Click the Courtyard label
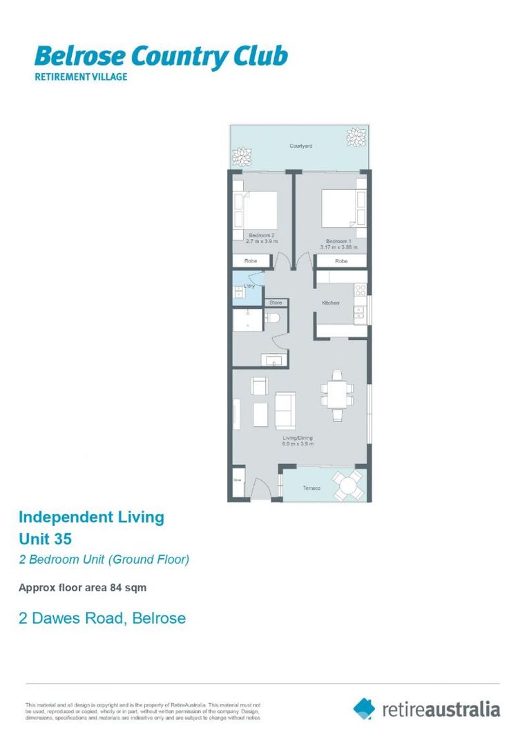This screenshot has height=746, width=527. coord(300,146)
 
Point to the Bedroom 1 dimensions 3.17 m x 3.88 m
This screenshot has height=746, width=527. coord(338,247)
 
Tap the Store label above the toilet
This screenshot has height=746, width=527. coord(276,303)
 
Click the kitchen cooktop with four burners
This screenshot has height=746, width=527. coord(359,291)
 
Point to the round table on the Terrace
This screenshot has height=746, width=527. coord(347,486)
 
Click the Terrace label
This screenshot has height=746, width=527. coord(312,488)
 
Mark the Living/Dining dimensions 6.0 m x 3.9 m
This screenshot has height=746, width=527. coord(298,444)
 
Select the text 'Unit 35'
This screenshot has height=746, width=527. coord(46,538)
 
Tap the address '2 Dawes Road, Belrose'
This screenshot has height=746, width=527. coord(102,618)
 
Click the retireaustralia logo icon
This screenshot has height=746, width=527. coord(364,708)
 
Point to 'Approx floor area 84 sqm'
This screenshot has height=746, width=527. coord(82,588)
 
